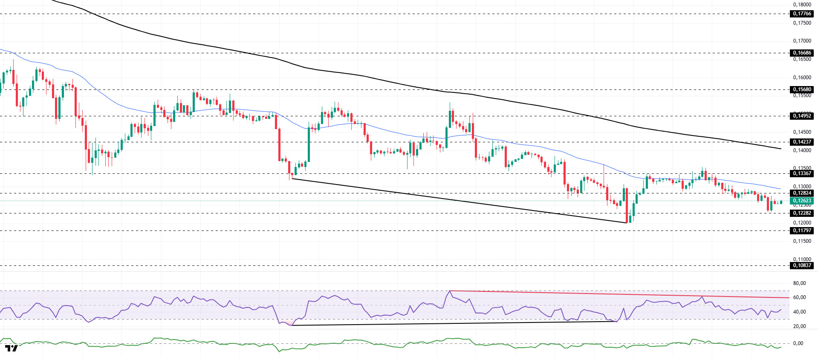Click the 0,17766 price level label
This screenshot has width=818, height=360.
pos(802,14)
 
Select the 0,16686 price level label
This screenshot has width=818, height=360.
pos(802,53)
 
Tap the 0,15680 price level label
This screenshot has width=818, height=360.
pos(802,89)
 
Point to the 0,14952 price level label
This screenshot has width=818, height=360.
pos(802,116)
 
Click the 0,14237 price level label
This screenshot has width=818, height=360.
pos(802,142)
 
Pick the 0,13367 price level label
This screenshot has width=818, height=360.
pos(802,173)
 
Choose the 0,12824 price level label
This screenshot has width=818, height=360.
pos(802,193)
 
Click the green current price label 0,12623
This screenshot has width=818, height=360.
pos(802,201)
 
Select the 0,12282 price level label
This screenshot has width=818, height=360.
pos(802,213)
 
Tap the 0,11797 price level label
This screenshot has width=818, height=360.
pos(802,230)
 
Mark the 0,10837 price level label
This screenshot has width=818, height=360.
pos(802,265)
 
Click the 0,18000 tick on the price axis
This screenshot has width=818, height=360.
pos(802,5)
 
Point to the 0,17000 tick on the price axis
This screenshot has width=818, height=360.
pos(802,41)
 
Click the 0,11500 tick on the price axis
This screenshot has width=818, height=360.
pos(802,241)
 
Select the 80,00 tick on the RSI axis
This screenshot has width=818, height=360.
pos(799,283)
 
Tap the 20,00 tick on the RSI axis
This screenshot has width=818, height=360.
pos(799,326)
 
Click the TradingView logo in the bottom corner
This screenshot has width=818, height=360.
pos(12,348)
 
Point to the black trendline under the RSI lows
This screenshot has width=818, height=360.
pos(452,323)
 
